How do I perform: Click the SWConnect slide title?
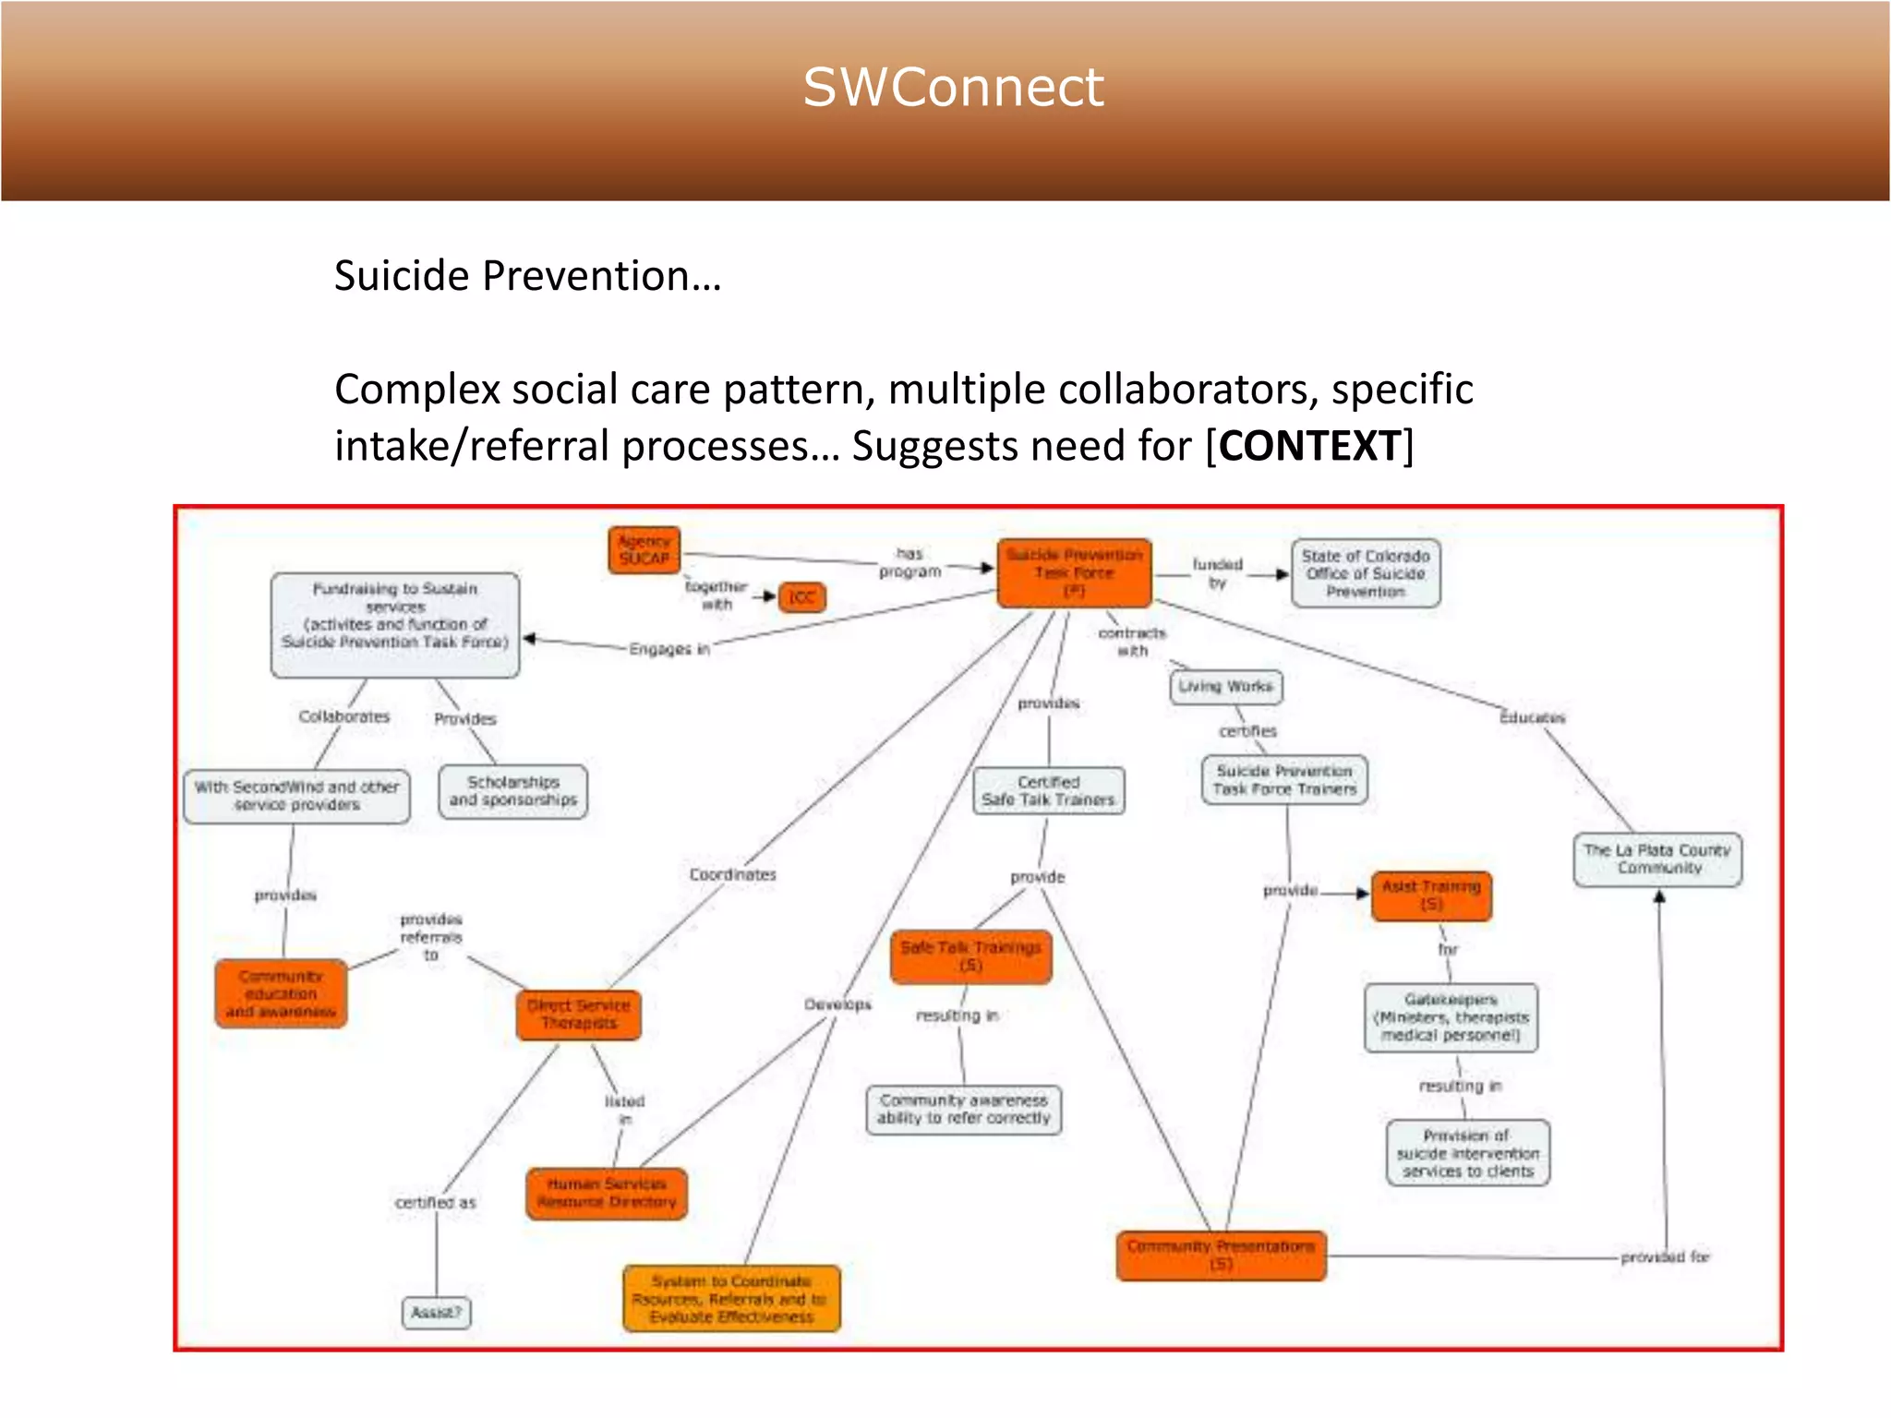tap(953, 88)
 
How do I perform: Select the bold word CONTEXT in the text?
tap(1309, 446)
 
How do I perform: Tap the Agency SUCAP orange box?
tap(644, 550)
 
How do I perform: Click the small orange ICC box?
tap(801, 597)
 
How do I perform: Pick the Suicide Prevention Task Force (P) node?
tap(1074, 573)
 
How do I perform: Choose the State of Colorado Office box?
tap(1366, 573)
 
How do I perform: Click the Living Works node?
tap(1225, 687)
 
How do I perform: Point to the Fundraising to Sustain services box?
tap(395, 625)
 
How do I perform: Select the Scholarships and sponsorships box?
tap(513, 791)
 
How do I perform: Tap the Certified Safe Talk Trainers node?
tap(1048, 791)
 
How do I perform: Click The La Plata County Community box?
tap(1657, 859)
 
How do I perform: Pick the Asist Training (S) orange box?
tap(1431, 895)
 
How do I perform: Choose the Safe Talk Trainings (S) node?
tap(970, 956)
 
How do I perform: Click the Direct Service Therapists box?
tap(579, 1015)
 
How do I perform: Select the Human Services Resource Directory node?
tap(607, 1193)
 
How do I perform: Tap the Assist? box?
tap(436, 1312)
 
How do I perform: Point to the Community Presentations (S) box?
tap(1221, 1256)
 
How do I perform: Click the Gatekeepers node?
tap(1451, 1017)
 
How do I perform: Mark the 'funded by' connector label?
tap(1217, 572)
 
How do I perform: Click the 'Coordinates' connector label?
tap(732, 874)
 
